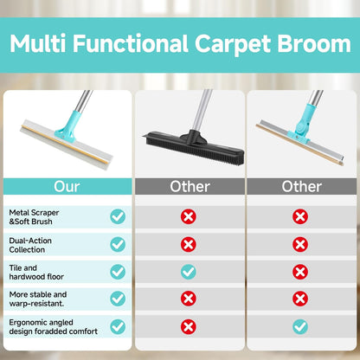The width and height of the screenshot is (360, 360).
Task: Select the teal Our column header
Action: coord(67,186)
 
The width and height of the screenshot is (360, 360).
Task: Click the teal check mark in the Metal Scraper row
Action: coord(117,216)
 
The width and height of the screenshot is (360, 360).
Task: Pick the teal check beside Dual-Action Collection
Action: coord(117,244)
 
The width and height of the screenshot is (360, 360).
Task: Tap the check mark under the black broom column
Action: coord(188,272)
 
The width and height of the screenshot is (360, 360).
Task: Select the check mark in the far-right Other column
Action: coord(300,327)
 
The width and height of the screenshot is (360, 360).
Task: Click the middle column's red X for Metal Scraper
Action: coord(188,216)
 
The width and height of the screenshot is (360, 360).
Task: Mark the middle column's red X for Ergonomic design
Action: coord(188,327)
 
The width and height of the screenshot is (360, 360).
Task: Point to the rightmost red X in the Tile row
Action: coord(300,272)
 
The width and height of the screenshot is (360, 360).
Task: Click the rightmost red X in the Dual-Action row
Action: coord(300,244)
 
